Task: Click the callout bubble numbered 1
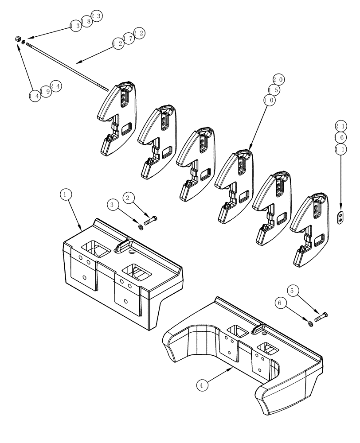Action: click(x=65, y=194)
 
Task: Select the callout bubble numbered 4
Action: click(x=202, y=385)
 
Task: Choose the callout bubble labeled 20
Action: click(x=278, y=80)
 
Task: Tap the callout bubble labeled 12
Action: click(x=118, y=43)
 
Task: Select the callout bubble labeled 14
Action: click(x=35, y=95)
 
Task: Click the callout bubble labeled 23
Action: click(x=97, y=16)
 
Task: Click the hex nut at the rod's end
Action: click(x=17, y=39)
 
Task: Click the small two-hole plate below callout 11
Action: click(x=340, y=218)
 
